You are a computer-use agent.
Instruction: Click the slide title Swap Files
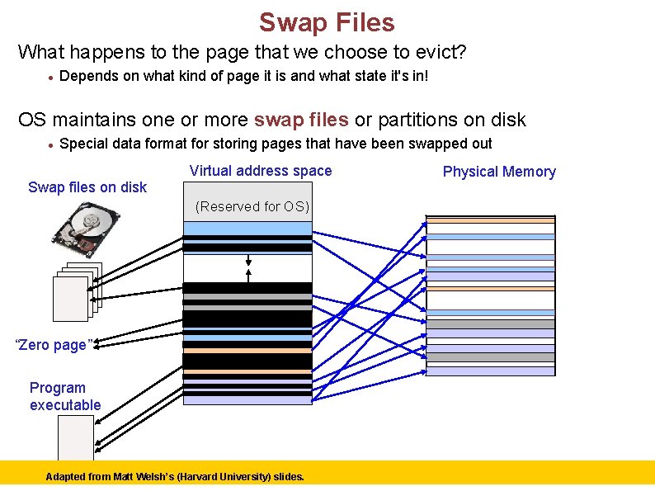tap(327, 22)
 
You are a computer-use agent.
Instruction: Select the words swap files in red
tap(301, 120)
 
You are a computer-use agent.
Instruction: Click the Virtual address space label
tap(261, 171)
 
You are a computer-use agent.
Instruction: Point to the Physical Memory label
tap(499, 172)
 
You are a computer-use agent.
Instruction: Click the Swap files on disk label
tap(87, 187)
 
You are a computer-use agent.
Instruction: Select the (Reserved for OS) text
tap(252, 206)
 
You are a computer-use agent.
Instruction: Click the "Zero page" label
tap(54, 345)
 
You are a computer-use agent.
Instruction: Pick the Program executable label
tap(65, 396)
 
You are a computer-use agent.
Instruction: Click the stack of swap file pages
tap(75, 291)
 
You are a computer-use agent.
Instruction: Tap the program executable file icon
tap(75, 437)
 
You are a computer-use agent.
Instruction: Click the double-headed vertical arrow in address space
tap(248, 268)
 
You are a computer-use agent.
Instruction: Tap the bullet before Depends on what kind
tap(51, 78)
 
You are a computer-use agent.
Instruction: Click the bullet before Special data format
tap(51, 144)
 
